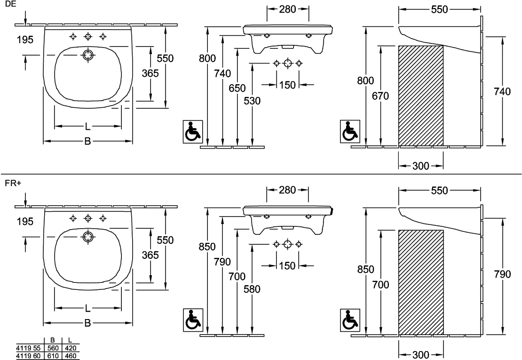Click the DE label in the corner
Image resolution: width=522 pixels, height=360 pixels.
point(10,4)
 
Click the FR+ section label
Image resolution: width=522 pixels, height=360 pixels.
point(13,184)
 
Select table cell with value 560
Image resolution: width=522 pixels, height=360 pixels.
point(53,348)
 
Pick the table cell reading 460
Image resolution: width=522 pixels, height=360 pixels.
point(70,356)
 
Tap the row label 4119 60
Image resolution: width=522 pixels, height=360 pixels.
point(28,356)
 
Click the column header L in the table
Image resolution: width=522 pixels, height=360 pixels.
point(70,340)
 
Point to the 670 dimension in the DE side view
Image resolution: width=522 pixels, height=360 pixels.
point(380,96)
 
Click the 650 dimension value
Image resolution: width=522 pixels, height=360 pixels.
point(237,88)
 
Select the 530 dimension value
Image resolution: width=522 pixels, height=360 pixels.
point(252,101)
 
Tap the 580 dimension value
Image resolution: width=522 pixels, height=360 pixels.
point(252,289)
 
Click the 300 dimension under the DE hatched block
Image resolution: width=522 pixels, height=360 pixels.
point(421,166)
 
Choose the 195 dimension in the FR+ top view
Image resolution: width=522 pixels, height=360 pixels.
point(25,222)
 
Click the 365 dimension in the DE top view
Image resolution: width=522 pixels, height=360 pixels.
point(150,73)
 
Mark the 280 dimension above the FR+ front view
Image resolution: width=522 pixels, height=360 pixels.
point(287,190)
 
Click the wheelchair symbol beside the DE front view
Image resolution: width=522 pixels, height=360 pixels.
point(193,132)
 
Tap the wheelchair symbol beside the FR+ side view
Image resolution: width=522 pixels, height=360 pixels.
point(350,320)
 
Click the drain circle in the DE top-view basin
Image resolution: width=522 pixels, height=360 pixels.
point(88,55)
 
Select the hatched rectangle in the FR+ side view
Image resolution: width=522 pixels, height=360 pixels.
point(421,282)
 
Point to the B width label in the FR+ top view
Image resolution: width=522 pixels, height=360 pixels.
point(87,323)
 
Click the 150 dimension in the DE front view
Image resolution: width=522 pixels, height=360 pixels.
point(287,85)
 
